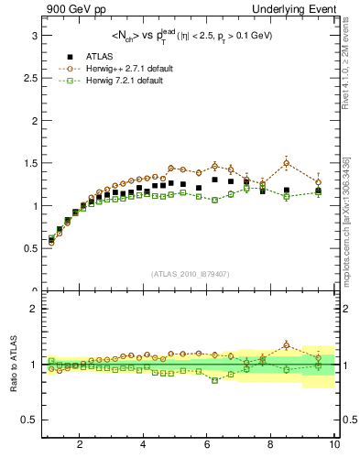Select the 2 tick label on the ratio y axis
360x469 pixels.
(x=32, y=309)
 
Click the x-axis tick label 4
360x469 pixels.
(x=144, y=445)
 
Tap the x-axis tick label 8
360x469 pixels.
(x=271, y=445)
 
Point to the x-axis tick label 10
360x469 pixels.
(x=334, y=445)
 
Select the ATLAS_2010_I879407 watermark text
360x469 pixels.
(x=190, y=274)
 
